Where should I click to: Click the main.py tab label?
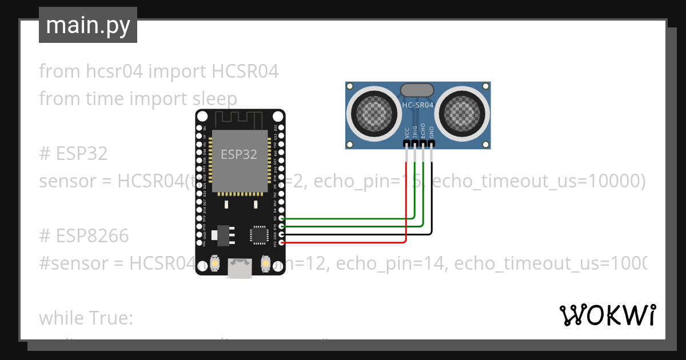pyautogui.click(x=88, y=25)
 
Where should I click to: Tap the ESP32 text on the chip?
pyautogui.click(x=239, y=154)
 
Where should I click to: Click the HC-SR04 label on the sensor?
pyautogui.click(x=418, y=105)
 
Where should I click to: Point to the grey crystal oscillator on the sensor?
pyautogui.click(x=417, y=90)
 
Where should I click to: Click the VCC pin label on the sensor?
pyautogui.click(x=406, y=133)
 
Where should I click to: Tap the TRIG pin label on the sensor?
pyautogui.click(x=415, y=132)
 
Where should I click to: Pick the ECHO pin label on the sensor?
pyautogui.click(x=423, y=131)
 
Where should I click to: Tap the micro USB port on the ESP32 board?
pyautogui.click(x=240, y=268)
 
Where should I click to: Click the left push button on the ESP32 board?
pyautogui.click(x=216, y=263)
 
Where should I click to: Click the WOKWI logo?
pyautogui.click(x=608, y=315)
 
